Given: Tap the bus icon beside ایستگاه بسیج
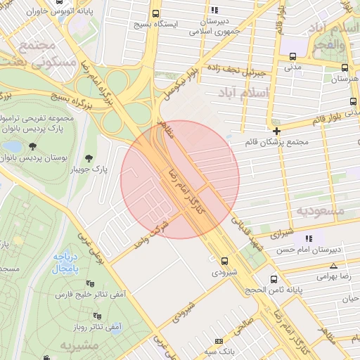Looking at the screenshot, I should (x=155, y=13).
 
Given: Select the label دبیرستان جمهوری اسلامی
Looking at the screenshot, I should (x=215, y=25).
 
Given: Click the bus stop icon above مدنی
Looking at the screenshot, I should (x=292, y=58).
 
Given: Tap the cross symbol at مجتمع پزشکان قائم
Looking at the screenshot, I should (x=276, y=131).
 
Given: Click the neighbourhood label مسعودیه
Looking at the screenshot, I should (x=320, y=210).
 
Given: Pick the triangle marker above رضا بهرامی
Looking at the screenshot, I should (x=333, y=265).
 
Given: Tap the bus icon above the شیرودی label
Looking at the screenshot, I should (x=224, y=260).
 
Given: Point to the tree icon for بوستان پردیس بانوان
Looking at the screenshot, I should (x=32, y=146).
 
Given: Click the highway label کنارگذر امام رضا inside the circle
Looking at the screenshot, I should (x=181, y=189).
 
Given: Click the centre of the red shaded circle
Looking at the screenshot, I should (x=180, y=179).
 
